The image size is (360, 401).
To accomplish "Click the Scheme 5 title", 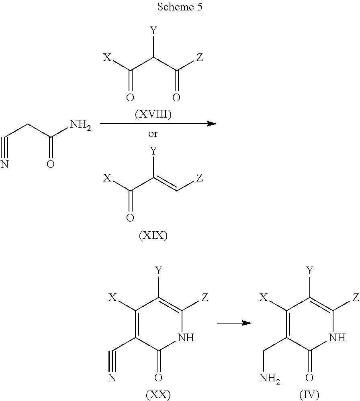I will (180, 7).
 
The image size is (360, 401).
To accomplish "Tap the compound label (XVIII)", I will (153, 115).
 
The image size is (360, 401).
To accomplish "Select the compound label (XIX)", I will (153, 236).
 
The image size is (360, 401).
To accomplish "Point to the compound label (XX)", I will (158, 395).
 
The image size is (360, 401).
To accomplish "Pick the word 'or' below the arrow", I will (153, 134).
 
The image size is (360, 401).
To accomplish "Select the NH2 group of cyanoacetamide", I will (80, 125).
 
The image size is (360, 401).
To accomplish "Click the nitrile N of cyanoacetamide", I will (5, 164).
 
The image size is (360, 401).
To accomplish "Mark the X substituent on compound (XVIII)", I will (106, 58).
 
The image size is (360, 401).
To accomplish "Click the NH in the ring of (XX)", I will (186, 338).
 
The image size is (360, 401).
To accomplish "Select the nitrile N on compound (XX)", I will (112, 378).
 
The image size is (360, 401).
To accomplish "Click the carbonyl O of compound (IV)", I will (309, 377).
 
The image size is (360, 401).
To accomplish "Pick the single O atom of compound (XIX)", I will (130, 218).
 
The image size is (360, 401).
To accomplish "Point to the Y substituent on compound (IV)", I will (309, 271).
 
